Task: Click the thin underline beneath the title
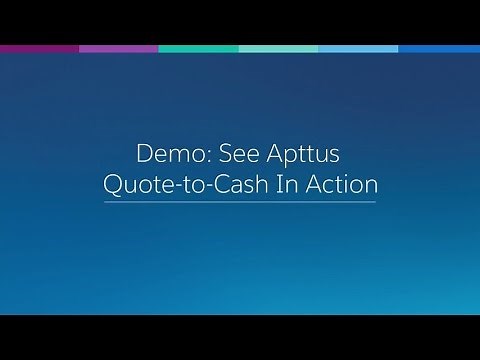(240, 202)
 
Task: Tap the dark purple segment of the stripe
(40, 48)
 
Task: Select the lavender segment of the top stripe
(119, 48)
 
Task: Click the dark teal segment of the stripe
(199, 48)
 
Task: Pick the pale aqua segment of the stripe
(279, 48)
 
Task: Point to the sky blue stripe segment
(359, 48)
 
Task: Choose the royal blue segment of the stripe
(439, 48)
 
